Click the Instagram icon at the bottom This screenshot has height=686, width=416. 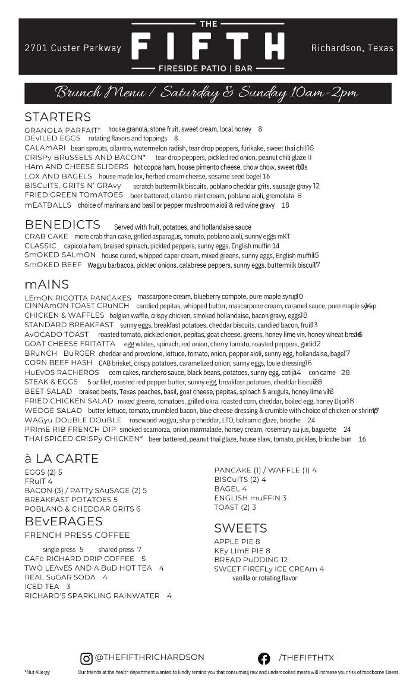click(x=86, y=658)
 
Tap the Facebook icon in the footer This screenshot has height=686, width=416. click(x=264, y=658)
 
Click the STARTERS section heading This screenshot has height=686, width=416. click(x=58, y=117)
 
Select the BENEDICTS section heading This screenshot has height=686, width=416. click(x=62, y=225)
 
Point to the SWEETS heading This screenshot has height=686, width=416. click(x=241, y=528)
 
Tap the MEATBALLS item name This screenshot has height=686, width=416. click(x=48, y=205)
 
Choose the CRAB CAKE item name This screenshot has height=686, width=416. click(x=46, y=236)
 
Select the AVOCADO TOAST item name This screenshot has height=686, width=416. click(x=56, y=334)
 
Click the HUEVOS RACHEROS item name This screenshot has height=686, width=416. click(x=62, y=372)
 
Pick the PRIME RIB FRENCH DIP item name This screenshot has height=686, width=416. click(x=70, y=429)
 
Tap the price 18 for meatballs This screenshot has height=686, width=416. click(x=285, y=205)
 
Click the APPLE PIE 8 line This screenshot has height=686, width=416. click(x=237, y=541)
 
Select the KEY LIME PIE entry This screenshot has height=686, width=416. click(x=242, y=551)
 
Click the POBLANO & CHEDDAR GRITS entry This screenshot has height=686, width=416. click(x=83, y=509)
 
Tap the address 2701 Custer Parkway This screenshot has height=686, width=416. click(x=73, y=48)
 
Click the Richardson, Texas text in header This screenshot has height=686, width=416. click(x=352, y=48)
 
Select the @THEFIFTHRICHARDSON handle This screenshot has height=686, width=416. click(x=149, y=657)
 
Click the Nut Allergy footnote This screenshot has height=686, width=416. click(x=37, y=672)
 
